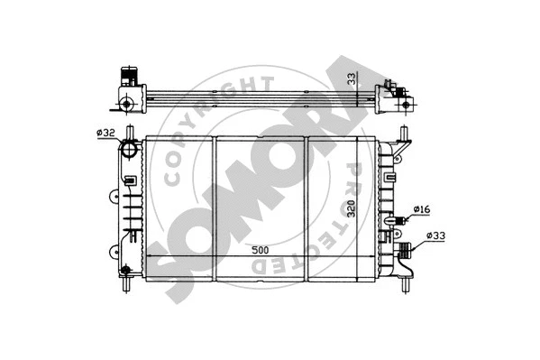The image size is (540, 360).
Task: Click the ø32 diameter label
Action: pos(106,134)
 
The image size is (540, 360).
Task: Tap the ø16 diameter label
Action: pos(421,210)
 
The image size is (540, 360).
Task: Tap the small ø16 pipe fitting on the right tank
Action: pos(397,217)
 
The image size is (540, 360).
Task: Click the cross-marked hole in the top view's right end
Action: pos(394,89)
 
